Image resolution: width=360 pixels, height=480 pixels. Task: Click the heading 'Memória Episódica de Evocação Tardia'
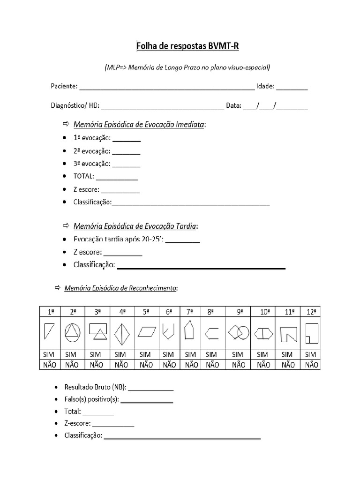pyautogui.click(x=135, y=226)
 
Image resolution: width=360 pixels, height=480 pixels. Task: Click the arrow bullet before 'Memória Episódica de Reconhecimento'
pyautogui.click(x=58, y=287)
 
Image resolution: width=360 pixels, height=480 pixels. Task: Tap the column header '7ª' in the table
pyautogui.click(x=189, y=311)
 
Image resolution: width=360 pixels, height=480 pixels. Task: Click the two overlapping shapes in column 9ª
pyautogui.click(x=238, y=332)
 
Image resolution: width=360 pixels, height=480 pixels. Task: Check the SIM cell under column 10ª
pyautogui.click(x=263, y=354)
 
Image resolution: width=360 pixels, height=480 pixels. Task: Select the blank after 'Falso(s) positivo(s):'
pyautogui.click(x=147, y=400)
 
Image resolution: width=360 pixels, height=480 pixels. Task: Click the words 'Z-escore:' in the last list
pyautogui.click(x=78, y=424)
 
